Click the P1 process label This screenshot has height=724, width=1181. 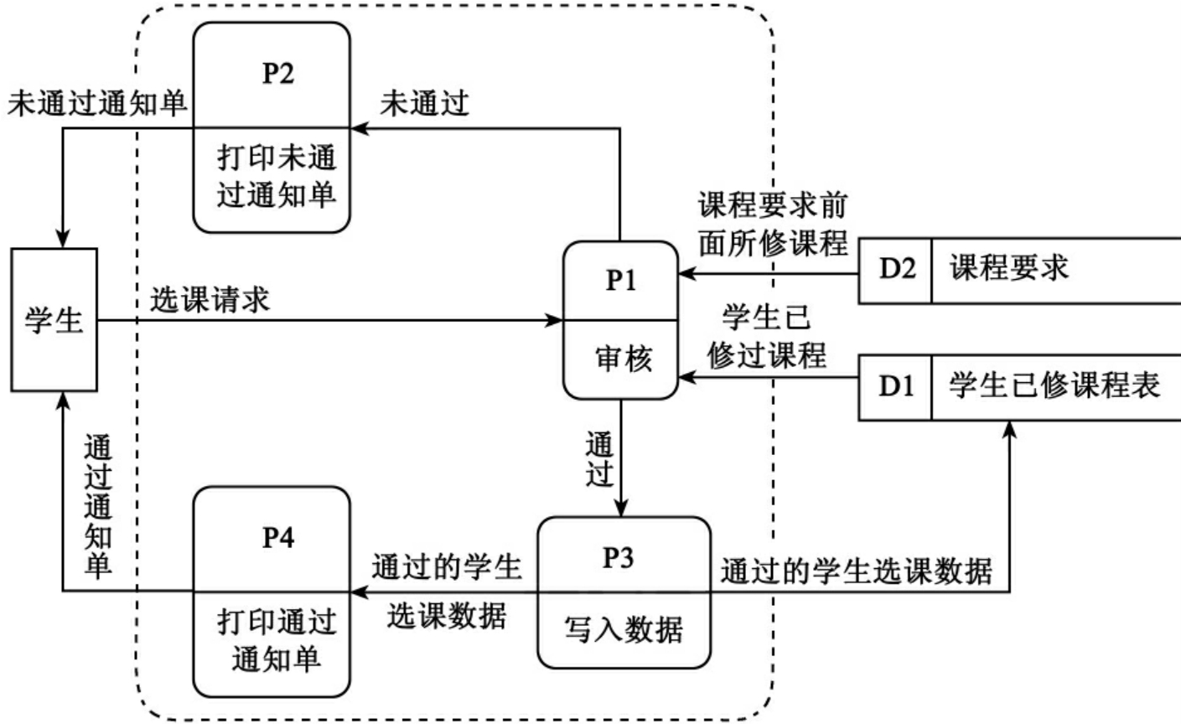point(620,281)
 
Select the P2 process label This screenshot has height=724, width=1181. point(277,74)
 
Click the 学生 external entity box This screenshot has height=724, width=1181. point(54,319)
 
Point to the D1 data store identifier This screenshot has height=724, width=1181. point(895,386)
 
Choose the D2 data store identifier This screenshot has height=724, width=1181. point(895,269)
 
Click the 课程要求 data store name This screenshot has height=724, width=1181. point(1009,269)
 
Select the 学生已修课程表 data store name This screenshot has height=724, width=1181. point(1054,386)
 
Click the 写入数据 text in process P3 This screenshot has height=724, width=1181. point(623,629)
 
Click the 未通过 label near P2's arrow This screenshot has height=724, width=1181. point(424,105)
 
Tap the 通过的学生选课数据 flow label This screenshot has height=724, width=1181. point(856,571)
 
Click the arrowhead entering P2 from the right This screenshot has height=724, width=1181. point(358,128)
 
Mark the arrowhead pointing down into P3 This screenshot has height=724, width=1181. point(621,509)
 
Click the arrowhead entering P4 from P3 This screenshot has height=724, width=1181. point(358,592)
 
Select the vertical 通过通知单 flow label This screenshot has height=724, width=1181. point(98,507)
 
